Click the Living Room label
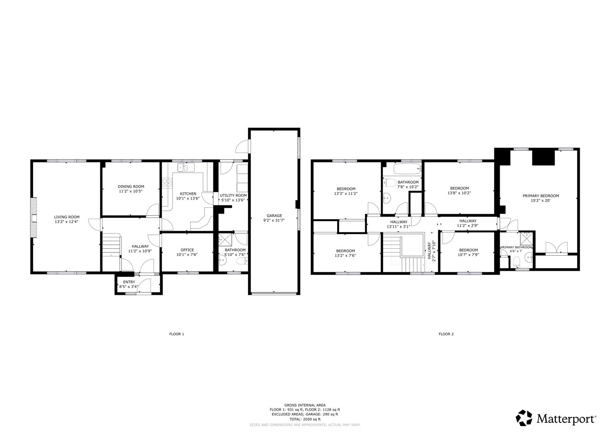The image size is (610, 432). (67, 217)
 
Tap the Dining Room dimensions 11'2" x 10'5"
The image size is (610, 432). (131, 191)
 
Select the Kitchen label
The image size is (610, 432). (188, 194)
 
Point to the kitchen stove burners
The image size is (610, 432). (167, 183)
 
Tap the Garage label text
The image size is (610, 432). (274, 216)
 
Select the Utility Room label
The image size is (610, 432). (233, 195)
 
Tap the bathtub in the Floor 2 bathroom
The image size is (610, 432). (407, 168)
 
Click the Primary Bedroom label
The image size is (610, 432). (540, 196)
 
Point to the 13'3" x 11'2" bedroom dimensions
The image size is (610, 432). (346, 194)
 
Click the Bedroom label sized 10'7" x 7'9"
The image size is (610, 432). (468, 250)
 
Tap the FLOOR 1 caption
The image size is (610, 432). (177, 334)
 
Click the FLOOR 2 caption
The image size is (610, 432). (446, 334)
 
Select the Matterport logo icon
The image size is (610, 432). (524, 418)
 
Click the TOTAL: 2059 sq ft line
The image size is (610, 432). (305, 419)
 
